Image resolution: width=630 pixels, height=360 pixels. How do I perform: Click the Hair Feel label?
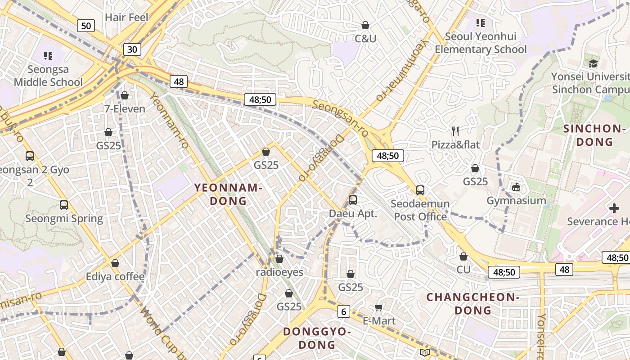[126, 18]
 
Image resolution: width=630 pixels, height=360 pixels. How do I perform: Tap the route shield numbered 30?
[132, 49]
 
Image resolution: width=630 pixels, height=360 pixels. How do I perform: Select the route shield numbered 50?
[86, 26]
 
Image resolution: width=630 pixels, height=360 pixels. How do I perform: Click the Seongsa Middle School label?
[48, 76]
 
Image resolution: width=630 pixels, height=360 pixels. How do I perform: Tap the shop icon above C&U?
[365, 25]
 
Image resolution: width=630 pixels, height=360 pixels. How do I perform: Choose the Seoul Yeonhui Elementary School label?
[481, 43]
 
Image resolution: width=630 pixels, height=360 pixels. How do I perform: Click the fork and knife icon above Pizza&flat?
[455, 131]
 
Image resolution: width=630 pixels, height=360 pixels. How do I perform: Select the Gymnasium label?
[516, 200]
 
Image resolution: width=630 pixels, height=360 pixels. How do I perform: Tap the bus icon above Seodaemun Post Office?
[420, 190]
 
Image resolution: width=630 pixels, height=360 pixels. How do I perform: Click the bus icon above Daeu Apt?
[353, 200]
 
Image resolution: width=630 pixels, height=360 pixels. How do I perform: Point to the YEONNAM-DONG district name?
[228, 194]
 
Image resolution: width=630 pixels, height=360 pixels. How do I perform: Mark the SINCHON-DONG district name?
[594, 135]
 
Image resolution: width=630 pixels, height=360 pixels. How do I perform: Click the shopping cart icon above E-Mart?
[379, 307]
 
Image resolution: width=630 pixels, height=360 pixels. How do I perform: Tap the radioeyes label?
[279, 272]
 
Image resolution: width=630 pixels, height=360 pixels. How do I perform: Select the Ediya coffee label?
[115, 276]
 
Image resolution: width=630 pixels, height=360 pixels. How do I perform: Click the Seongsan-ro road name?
[340, 118]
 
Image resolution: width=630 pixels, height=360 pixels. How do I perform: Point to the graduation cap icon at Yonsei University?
[593, 63]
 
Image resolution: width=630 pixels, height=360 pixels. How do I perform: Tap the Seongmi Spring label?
[64, 219]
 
